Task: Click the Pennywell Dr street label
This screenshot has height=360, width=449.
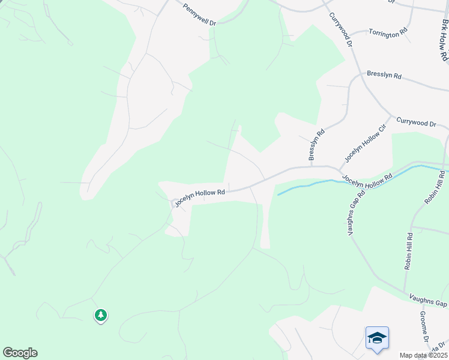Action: coord(199,15)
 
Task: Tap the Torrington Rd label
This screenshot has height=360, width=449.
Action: coord(388,32)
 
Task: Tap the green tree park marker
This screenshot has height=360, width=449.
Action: coord(101,315)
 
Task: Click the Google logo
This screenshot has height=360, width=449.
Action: coord(20,353)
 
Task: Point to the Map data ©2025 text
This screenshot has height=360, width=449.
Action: coord(423,355)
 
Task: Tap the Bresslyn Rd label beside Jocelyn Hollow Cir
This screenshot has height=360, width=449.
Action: coord(316,145)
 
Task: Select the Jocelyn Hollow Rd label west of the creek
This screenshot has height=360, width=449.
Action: coord(200,198)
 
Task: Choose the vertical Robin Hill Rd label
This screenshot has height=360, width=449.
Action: coord(409,251)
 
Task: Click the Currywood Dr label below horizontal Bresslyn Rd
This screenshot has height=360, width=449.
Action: coord(415,123)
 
